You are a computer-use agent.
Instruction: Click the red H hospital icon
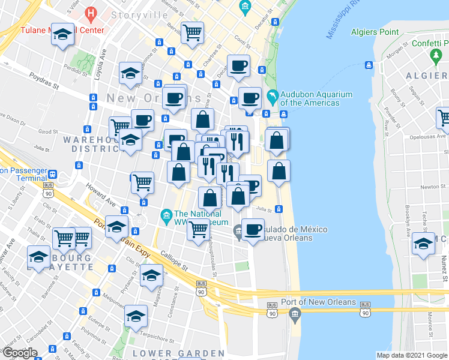tap(91, 12)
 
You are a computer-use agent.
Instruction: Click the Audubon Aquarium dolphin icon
tap(274, 97)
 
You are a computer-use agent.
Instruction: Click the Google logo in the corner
tap(19, 353)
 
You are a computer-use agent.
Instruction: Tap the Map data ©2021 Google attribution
tap(412, 355)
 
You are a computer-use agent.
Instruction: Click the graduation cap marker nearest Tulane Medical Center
tap(62, 35)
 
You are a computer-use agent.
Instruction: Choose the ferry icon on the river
tap(367, 65)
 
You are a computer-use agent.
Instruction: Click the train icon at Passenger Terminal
tap(53, 174)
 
